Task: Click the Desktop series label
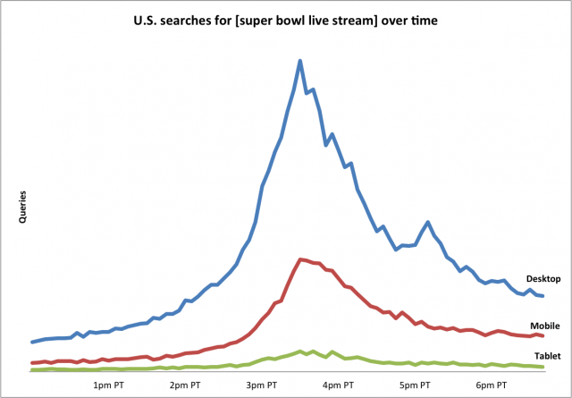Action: [543, 279]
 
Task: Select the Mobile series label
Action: [545, 326]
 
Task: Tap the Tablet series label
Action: [546, 356]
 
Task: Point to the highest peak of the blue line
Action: [300, 61]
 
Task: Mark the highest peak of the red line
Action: [300, 259]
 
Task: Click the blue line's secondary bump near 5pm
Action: [429, 222]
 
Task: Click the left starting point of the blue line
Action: [32, 342]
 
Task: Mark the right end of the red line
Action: [543, 335]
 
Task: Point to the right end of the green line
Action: [543, 367]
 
